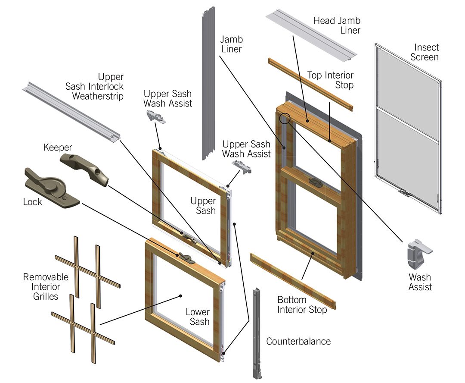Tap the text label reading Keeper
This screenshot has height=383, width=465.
pyautogui.click(x=57, y=148)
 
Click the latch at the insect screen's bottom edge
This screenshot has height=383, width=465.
pyautogui.click(x=404, y=191)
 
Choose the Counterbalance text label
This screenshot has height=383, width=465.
pyautogui.click(x=298, y=342)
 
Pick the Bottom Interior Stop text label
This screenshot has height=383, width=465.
pyautogui.click(x=301, y=305)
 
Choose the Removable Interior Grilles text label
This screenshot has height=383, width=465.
pyautogui.click(x=46, y=287)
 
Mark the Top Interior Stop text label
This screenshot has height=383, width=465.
pyautogui.click(x=330, y=80)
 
